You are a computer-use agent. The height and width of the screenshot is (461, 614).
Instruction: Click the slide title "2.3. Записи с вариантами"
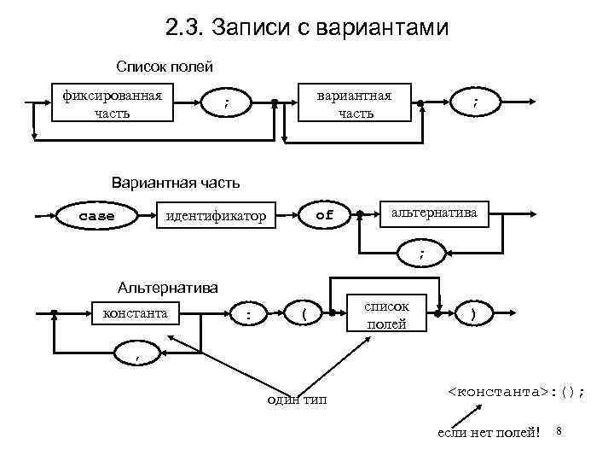point(307,28)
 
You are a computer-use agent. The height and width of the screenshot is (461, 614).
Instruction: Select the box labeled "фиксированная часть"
point(113,102)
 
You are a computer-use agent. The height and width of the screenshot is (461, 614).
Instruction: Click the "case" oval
point(96,216)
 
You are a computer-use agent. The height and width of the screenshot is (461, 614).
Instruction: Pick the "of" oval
point(325,216)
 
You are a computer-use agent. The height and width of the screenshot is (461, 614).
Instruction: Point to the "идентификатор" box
point(216,217)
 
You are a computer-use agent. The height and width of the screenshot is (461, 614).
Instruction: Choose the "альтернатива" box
point(435,213)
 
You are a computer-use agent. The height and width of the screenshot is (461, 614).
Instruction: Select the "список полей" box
point(385,314)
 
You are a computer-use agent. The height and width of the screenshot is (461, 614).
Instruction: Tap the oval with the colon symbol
point(248,316)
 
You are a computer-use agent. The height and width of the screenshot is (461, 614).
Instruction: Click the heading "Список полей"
point(165,66)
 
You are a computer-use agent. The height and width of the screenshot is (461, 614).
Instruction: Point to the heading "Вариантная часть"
point(176,182)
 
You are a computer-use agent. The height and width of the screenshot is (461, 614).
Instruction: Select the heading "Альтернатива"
point(168,287)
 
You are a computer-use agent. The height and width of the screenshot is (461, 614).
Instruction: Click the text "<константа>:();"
point(517,392)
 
